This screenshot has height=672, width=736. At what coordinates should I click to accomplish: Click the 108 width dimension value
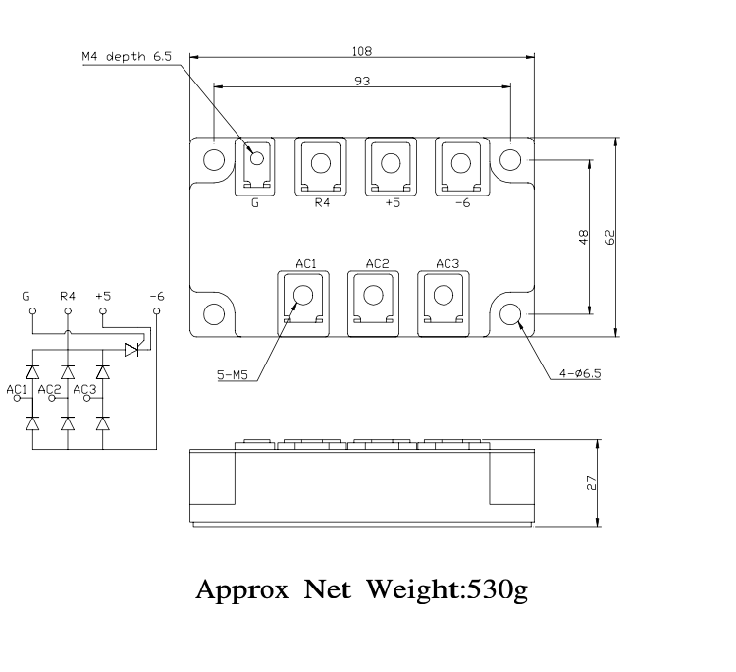point(362,51)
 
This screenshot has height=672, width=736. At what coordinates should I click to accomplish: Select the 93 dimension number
point(362,82)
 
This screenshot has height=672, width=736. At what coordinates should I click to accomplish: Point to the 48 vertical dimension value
point(584,237)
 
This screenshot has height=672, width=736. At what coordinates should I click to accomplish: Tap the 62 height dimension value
point(610,237)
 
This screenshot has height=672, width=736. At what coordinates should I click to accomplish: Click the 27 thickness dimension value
point(591,483)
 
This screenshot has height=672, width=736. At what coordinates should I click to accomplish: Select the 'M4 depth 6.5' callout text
point(127,57)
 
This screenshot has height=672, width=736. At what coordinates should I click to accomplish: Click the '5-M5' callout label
point(232,375)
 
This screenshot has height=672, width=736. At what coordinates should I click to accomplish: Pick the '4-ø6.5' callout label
point(580,373)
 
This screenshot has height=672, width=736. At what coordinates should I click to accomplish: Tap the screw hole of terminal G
point(257,158)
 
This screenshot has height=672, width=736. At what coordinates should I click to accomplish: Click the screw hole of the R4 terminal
point(321,163)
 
